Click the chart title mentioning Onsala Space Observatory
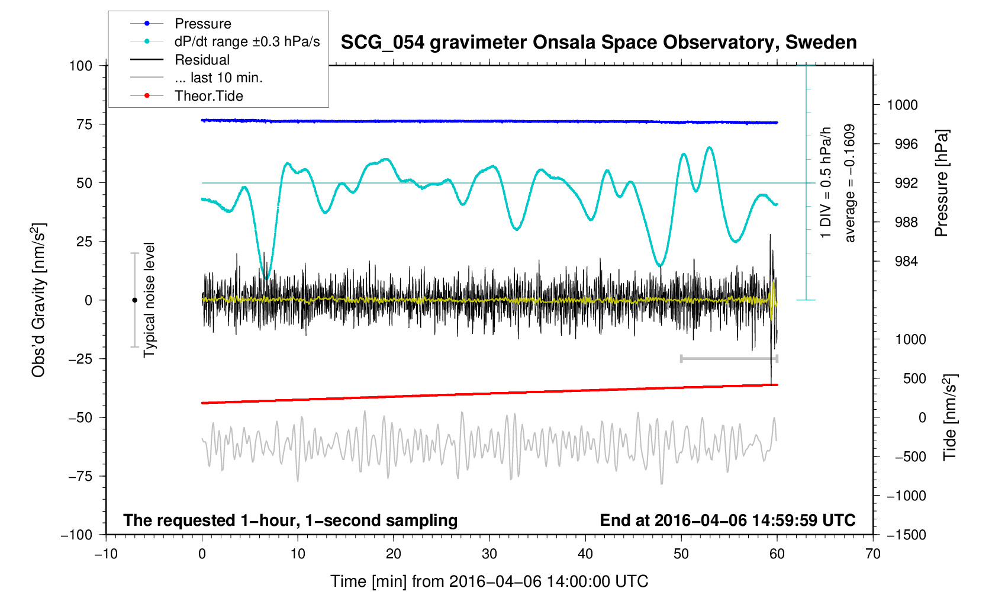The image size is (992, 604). pyautogui.click(x=598, y=43)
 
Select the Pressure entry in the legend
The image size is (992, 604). pyautogui.click(x=202, y=24)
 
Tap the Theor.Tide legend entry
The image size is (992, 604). pyautogui.click(x=208, y=96)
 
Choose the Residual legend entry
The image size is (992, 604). pyautogui.click(x=202, y=60)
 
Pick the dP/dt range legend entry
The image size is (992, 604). pyautogui.click(x=247, y=41)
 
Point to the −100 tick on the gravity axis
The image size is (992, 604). pyautogui.click(x=77, y=535)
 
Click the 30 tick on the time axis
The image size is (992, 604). pyautogui.click(x=489, y=554)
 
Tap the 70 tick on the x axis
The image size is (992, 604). pyautogui.click(x=872, y=554)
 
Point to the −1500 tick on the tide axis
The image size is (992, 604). pyautogui.click(x=906, y=535)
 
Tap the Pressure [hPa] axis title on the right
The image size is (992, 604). pyautogui.click(x=941, y=183)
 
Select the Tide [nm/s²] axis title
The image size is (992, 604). pyautogui.click(x=949, y=417)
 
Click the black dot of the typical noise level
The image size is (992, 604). pyautogui.click(x=134, y=300)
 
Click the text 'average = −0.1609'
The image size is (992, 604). pyautogui.click(x=850, y=183)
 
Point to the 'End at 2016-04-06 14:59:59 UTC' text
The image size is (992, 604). pyautogui.click(x=727, y=521)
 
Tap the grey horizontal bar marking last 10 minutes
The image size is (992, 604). pyautogui.click(x=729, y=358)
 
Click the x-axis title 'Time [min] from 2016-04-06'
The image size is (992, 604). pyautogui.click(x=489, y=581)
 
